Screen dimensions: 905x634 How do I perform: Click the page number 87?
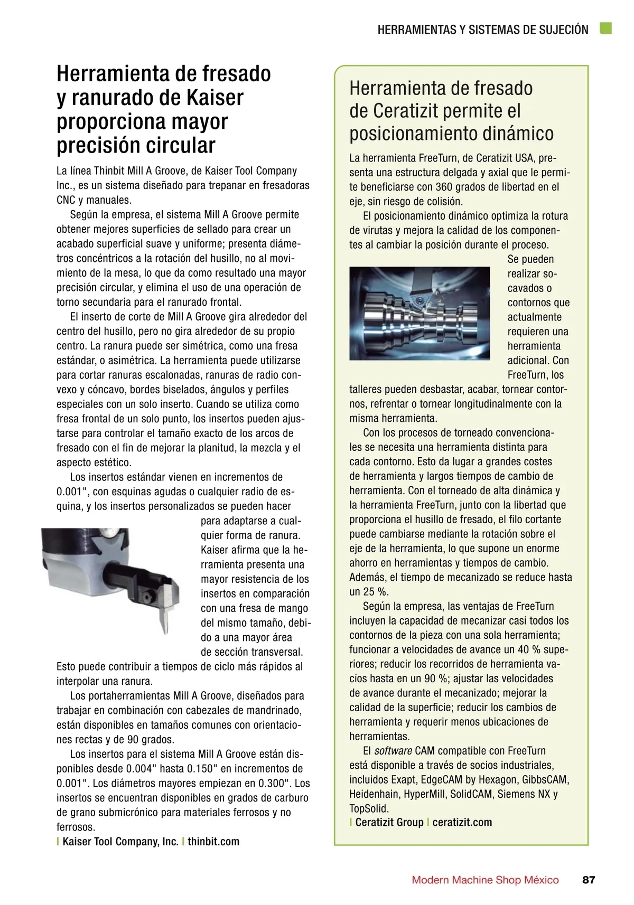click(x=589, y=880)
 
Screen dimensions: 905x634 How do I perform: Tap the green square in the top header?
click(x=605, y=29)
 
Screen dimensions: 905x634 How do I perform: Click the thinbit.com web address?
click(x=213, y=841)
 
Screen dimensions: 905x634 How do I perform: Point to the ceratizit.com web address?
click(x=462, y=822)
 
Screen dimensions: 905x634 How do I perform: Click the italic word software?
click(x=393, y=750)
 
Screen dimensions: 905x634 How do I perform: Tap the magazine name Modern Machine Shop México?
click(x=485, y=880)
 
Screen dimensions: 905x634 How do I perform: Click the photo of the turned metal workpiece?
click(x=419, y=314)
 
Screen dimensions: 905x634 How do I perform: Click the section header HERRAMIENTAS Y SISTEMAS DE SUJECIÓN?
click(x=483, y=30)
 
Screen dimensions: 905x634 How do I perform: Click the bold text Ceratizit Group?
click(x=389, y=822)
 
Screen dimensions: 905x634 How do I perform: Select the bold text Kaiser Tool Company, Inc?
click(x=120, y=841)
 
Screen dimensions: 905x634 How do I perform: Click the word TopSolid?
click(x=369, y=808)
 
